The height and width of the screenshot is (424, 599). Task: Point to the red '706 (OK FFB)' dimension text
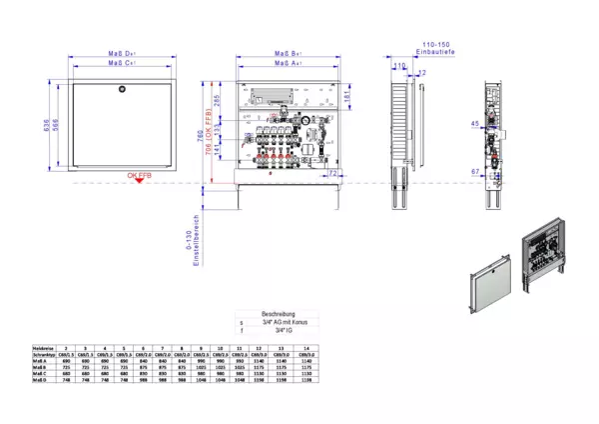[x=209, y=134]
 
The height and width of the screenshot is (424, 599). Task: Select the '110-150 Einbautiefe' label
[x=436, y=50]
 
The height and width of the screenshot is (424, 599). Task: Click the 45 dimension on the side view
[x=474, y=124]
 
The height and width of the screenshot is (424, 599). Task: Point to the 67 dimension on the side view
[x=474, y=172]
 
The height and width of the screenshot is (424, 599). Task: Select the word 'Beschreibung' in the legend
[x=274, y=312]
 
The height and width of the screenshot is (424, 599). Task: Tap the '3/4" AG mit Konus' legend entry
[x=276, y=321]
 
